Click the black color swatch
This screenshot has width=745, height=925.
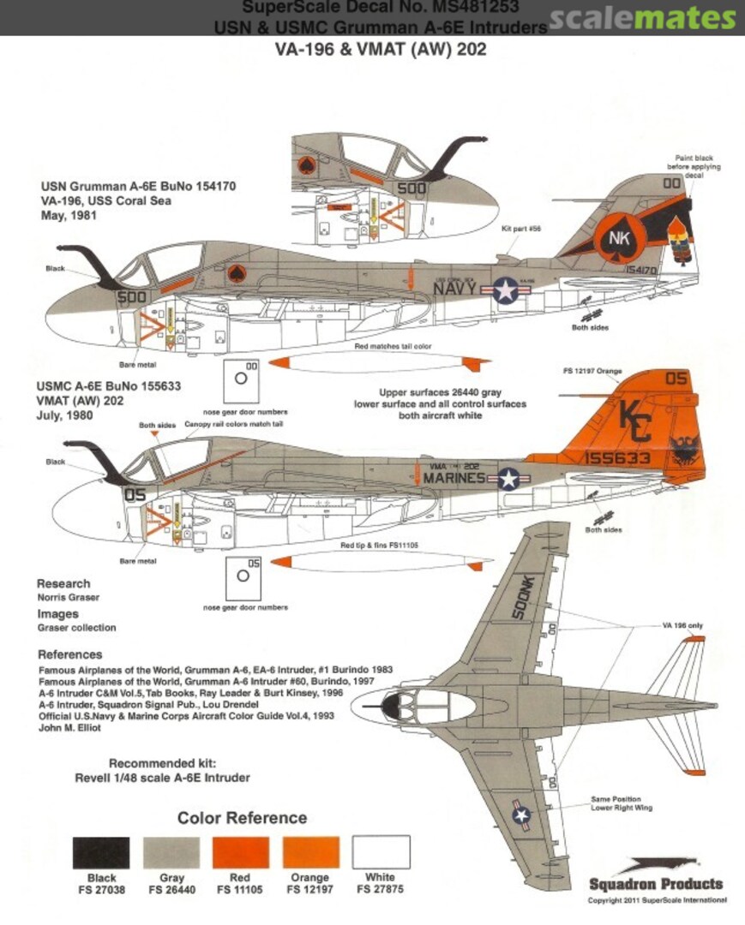pyautogui.click(x=101, y=853)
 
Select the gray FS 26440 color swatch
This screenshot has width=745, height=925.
pyautogui.click(x=171, y=853)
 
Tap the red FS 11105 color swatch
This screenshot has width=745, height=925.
pyautogui.click(x=241, y=853)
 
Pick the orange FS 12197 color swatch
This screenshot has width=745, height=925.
pyautogui.click(x=310, y=853)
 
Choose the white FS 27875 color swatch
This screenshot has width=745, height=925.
pyautogui.click(x=381, y=853)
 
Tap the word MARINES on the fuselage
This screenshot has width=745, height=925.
pyautogui.click(x=454, y=477)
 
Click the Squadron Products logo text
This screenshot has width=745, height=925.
pyautogui.click(x=656, y=884)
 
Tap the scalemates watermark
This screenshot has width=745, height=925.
pyautogui.click(x=643, y=18)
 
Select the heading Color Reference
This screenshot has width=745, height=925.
pyautogui.click(x=242, y=818)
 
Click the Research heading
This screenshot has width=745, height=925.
pyautogui.click(x=64, y=583)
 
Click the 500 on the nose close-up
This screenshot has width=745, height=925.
pyautogui.click(x=411, y=189)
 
